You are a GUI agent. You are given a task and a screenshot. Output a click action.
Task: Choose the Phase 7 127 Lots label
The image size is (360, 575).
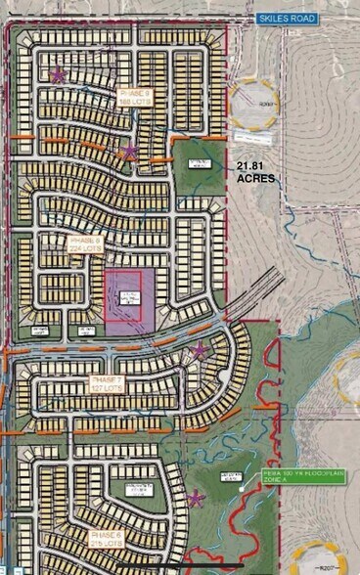107,381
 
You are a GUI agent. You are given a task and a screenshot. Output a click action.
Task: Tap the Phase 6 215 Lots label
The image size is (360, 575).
107,540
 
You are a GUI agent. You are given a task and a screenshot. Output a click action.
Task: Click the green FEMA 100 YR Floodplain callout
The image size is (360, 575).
290,480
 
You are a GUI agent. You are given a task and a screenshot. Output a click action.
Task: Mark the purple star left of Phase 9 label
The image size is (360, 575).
59,74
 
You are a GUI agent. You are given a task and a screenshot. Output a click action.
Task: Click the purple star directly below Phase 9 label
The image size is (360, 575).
130,152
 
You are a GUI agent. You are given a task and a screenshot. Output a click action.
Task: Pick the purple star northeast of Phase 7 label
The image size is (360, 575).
201,350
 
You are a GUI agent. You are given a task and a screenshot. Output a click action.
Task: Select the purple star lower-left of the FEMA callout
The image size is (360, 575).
197,499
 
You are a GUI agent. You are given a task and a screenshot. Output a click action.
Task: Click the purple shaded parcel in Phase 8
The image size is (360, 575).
123,303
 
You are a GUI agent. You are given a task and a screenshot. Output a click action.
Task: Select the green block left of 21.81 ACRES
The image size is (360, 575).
201,166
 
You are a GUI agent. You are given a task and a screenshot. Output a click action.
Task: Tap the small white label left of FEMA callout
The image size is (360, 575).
232,477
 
